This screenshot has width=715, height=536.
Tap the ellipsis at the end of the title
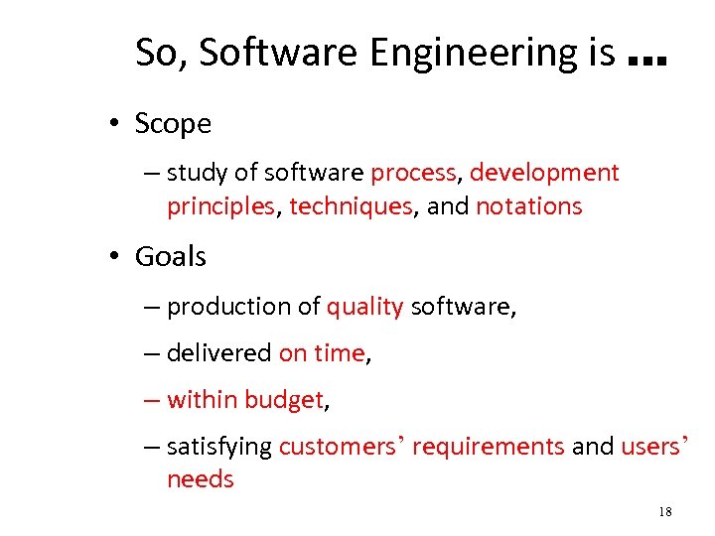click(646, 59)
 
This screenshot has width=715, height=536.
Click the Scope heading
click(173, 124)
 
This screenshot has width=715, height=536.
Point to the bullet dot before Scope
click(116, 125)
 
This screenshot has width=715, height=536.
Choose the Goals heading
click(170, 257)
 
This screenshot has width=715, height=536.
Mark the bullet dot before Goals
click(116, 258)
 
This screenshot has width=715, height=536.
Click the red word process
click(413, 174)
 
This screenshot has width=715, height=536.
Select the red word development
click(544, 173)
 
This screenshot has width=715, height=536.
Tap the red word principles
click(220, 206)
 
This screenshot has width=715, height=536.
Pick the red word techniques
click(351, 206)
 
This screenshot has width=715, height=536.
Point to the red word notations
click(528, 206)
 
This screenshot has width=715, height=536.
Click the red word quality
click(364, 307)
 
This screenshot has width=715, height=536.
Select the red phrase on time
click(322, 353)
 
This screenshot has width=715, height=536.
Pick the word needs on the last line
click(201, 479)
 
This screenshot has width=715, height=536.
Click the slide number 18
click(664, 512)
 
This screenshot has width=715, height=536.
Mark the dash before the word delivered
click(150, 353)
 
